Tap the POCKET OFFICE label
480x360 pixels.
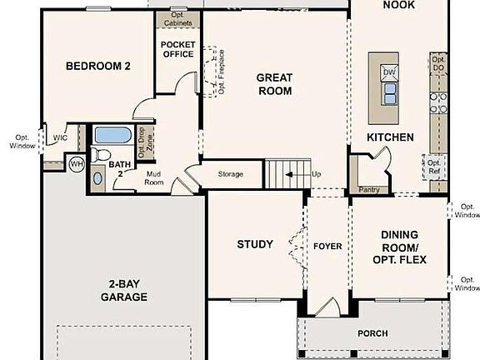pyautogui.click(x=177, y=49)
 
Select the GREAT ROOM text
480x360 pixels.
pyautogui.click(x=274, y=84)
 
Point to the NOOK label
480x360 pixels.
pyautogui.click(x=398, y=6)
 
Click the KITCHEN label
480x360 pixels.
pyautogui.click(x=391, y=137)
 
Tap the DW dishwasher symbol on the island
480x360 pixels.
pyautogui.click(x=388, y=72)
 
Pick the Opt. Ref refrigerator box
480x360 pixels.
pyautogui.click(x=433, y=167)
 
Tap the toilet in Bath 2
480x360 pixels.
pyautogui.click(x=100, y=154)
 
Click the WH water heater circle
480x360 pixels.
pyautogui.click(x=76, y=163)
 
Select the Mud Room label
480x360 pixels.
pyautogui.click(x=153, y=177)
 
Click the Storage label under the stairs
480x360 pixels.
pyautogui.click(x=231, y=174)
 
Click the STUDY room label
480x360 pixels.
pyautogui.click(x=254, y=244)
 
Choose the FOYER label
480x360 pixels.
pyautogui.click(x=327, y=247)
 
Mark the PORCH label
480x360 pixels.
pyautogui.click(x=372, y=333)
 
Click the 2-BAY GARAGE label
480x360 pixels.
pyautogui.click(x=124, y=289)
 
